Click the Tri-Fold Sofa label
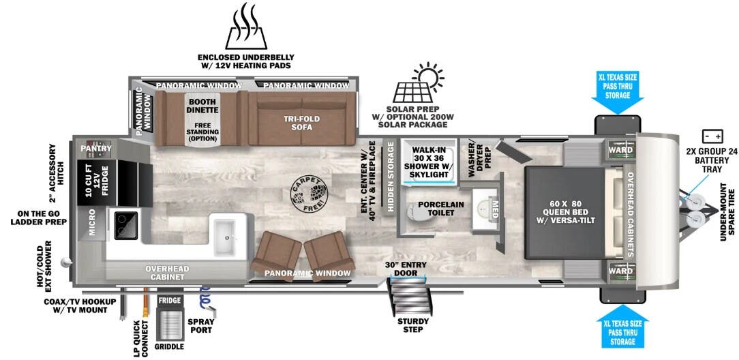click(x=302, y=123)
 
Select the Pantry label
click(x=96, y=148)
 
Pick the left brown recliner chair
click(x=276, y=254)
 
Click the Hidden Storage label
click(x=391, y=177)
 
